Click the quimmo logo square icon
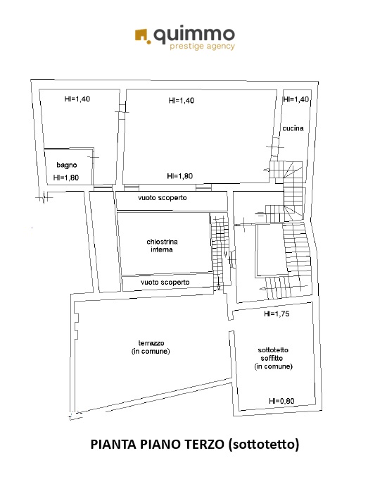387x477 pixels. tap(142, 37)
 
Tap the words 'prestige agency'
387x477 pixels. tap(202, 47)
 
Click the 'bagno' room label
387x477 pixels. tap(67, 165)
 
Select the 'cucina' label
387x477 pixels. tap(293, 128)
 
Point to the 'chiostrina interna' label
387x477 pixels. tap(162, 245)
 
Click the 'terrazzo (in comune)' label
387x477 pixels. tap(151, 347)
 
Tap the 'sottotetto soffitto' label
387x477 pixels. tap(273, 354)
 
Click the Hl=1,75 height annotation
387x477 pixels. tap(277, 314)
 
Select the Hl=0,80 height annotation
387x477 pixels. tap(281, 401)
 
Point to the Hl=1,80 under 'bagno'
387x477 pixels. tap(66, 178)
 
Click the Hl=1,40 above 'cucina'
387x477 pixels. tap(296, 99)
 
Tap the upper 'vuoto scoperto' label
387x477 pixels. tap(163, 198)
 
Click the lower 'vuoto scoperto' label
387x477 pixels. tap(165, 283)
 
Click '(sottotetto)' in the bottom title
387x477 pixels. tap(263, 445)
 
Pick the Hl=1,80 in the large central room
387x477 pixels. tap(180, 176)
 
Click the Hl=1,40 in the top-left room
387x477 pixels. tap(77, 99)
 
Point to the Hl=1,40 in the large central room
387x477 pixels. tap(182, 100)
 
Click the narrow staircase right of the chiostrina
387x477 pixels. tap(219, 252)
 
